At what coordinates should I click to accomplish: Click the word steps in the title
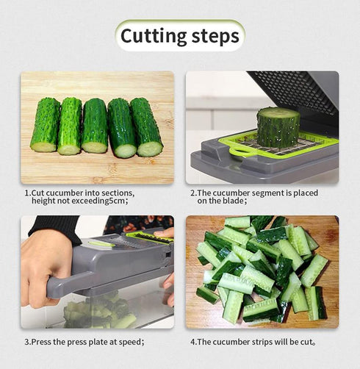pyautogui.click(x=214, y=35)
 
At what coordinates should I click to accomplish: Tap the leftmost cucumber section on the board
pyautogui.click(x=46, y=125)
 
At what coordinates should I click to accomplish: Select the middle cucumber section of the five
pyautogui.click(x=95, y=126)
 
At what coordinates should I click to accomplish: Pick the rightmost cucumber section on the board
pyautogui.click(x=146, y=127)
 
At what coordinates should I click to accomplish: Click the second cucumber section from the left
pyautogui.click(x=71, y=126)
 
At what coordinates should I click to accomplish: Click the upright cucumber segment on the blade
pyautogui.click(x=278, y=126)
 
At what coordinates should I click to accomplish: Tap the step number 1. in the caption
pyautogui.click(x=27, y=193)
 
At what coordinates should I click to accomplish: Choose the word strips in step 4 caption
pyautogui.click(x=262, y=342)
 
